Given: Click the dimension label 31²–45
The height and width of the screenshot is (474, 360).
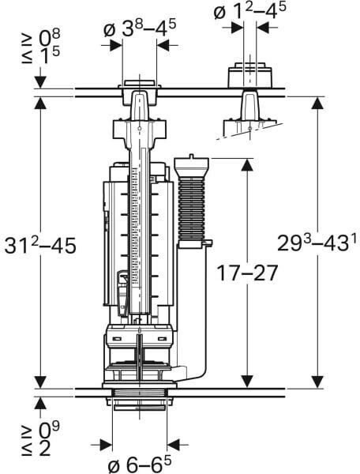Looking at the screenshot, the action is (x=40, y=245).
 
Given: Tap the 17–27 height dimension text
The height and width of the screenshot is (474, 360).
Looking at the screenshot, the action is (x=247, y=273).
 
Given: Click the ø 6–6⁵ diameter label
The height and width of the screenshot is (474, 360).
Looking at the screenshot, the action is (x=140, y=463).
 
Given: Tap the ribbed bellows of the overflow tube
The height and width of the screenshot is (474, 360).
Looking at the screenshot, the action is (x=192, y=209).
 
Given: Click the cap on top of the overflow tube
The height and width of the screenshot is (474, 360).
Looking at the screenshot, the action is (x=192, y=166).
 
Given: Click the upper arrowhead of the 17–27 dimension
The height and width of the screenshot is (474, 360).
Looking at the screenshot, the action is (x=247, y=166).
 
